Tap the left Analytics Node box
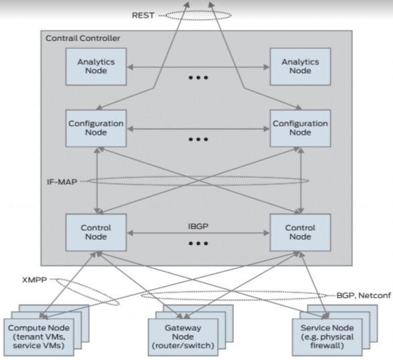tap(96, 67)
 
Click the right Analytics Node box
tap(299, 67)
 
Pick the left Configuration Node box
tap(96, 128)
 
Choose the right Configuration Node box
tap(299, 128)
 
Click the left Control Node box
tap(96, 232)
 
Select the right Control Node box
tap(299, 232)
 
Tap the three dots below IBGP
tap(198, 244)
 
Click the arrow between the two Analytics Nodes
tap(198, 67)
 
